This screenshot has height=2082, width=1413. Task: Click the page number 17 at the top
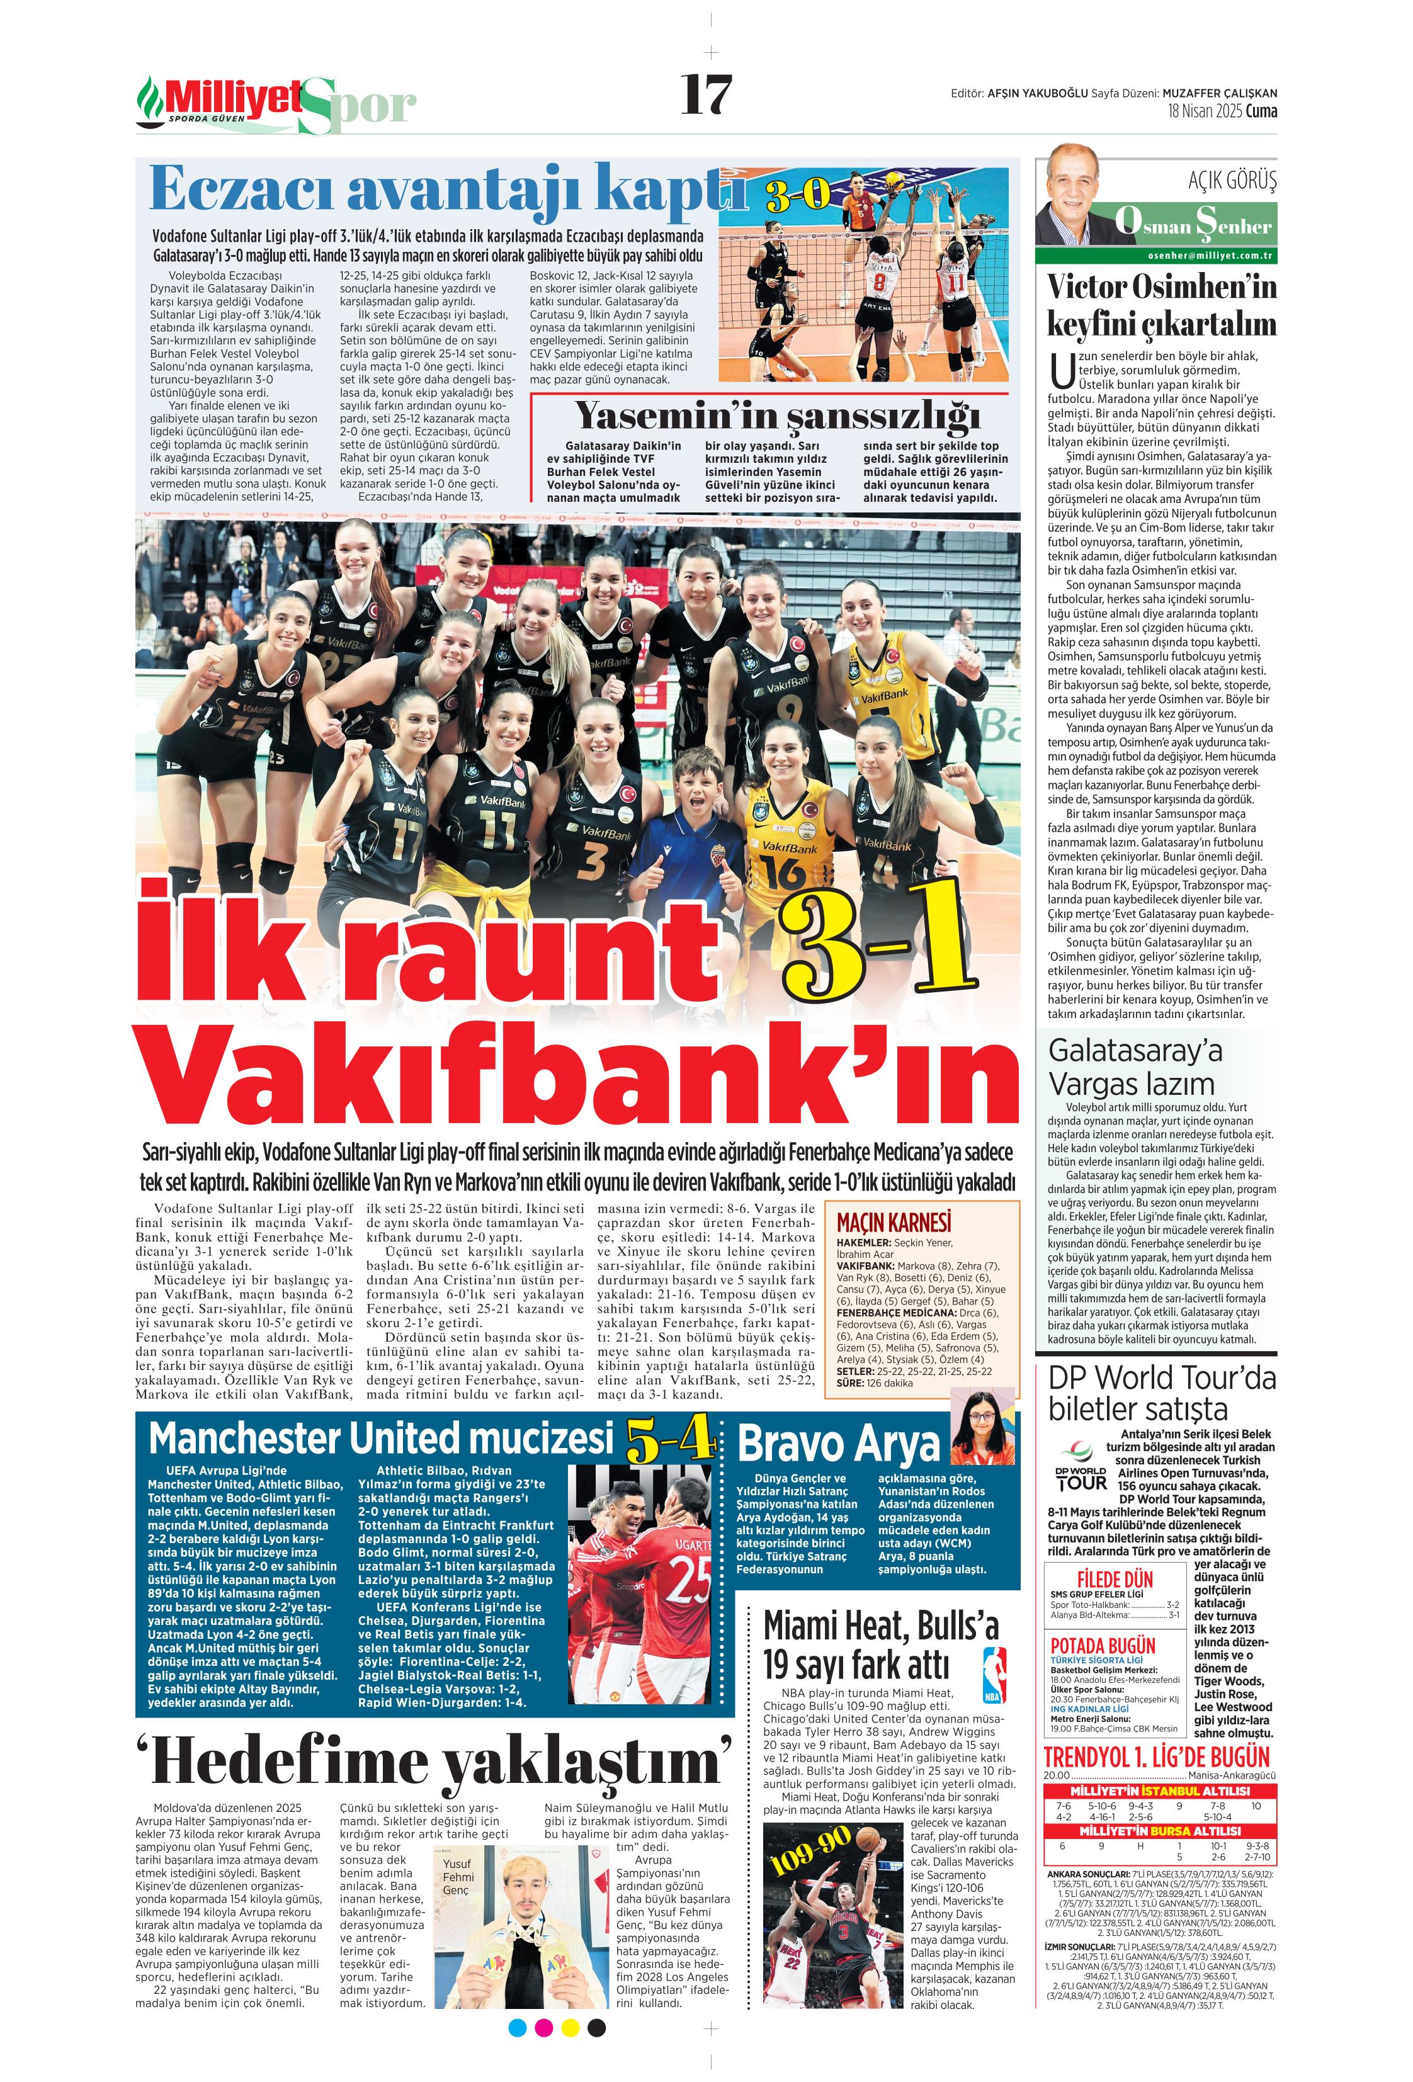(x=706, y=95)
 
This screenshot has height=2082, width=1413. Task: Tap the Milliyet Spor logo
(x=276, y=104)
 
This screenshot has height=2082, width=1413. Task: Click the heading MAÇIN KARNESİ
(x=894, y=1223)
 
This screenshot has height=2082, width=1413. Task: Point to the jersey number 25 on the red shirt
(x=688, y=1583)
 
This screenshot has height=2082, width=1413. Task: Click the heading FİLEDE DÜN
(x=1115, y=1580)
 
